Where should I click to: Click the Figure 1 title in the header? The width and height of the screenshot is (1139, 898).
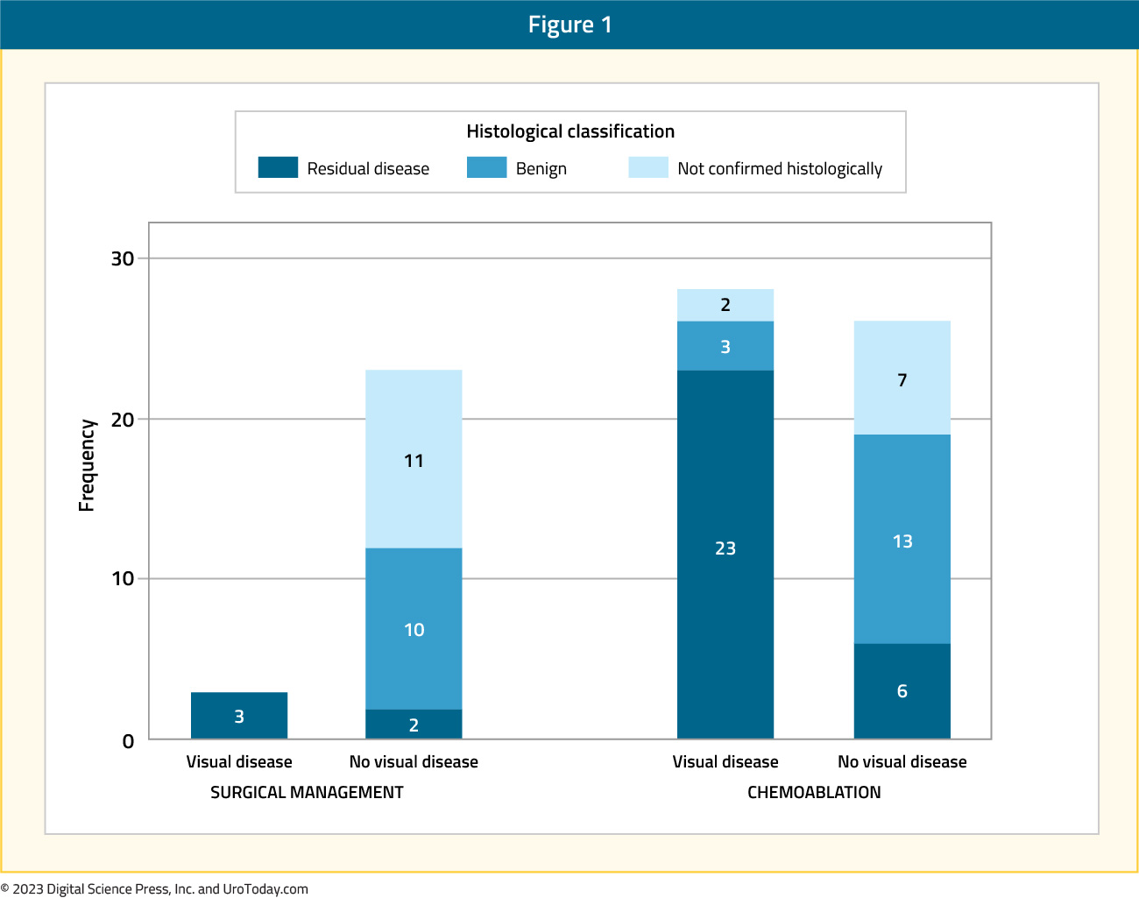pos(570,25)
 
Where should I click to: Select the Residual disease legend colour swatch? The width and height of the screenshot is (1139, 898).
pos(278,167)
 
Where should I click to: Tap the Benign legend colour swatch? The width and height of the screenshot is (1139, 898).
pos(486,167)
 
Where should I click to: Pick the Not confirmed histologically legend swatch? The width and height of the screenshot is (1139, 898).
pos(648,167)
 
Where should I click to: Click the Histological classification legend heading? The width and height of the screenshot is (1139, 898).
pos(570,131)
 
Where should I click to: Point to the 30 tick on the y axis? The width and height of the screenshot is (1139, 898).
pos(123,258)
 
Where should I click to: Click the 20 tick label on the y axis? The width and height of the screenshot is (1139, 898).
pos(123,420)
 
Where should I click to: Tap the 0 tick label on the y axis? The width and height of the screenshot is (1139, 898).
pos(128,741)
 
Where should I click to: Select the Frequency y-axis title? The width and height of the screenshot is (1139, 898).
pos(86,465)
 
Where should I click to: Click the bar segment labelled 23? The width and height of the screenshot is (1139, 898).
pos(725,554)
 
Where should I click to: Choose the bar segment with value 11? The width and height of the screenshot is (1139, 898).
pos(414,459)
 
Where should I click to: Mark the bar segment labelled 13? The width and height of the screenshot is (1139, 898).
pos(902,539)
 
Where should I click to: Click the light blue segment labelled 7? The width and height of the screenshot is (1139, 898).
pos(902,378)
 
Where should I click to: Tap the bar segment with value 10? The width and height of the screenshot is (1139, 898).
pos(414,629)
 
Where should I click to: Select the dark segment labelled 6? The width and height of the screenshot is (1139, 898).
pos(902,691)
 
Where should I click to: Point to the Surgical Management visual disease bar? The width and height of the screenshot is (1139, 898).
pos(239,716)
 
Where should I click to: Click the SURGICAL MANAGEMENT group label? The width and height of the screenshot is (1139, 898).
pos(307,792)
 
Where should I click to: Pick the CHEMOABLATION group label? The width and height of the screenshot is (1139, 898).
pos(814,792)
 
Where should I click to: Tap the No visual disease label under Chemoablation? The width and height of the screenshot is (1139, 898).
pos(902,761)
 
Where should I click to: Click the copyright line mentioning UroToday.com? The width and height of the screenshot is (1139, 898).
pos(154,888)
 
